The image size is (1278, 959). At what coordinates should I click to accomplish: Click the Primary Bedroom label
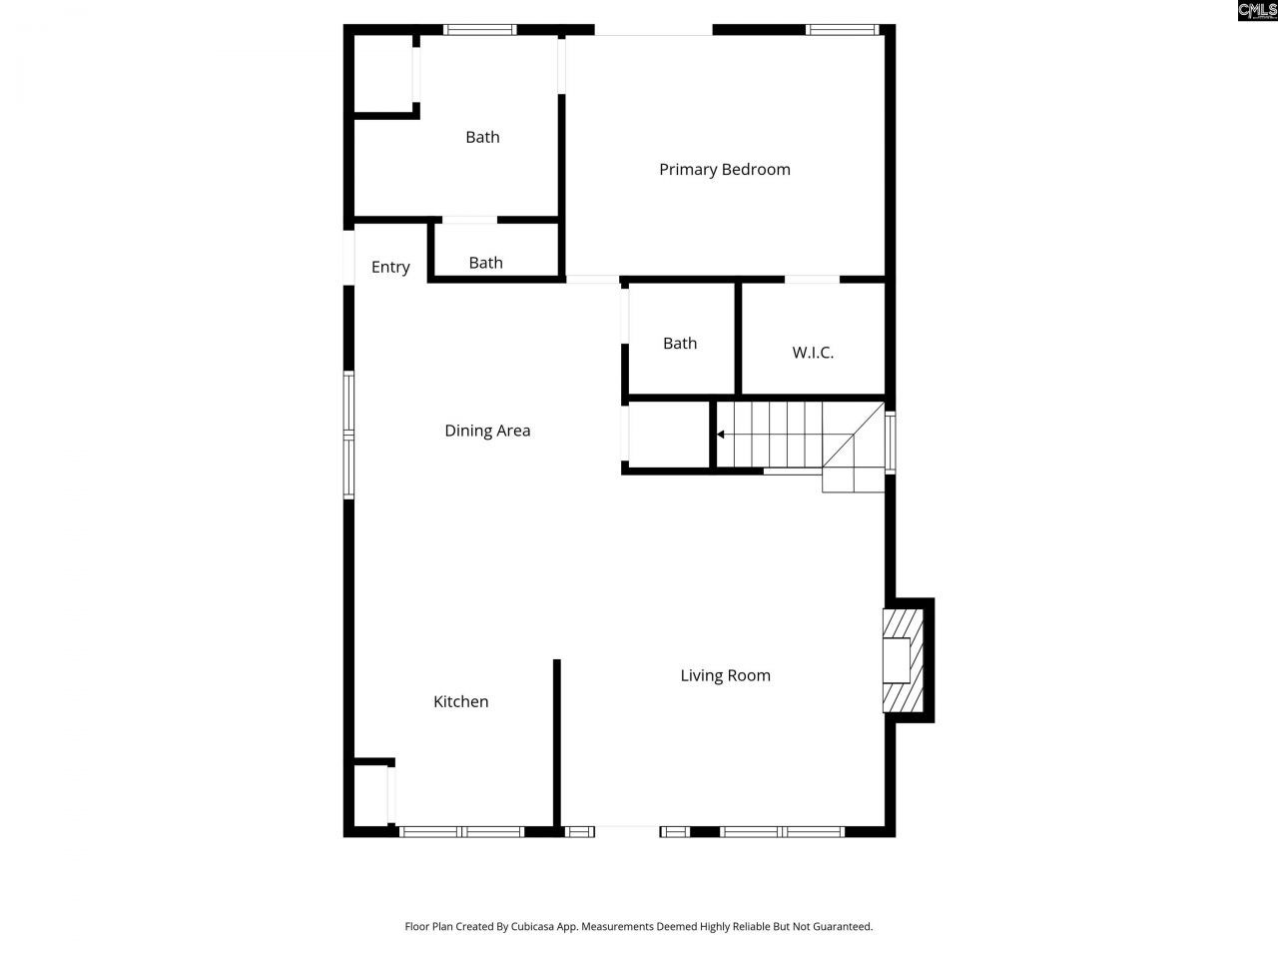point(724,170)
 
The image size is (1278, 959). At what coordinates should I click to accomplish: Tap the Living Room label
point(725,675)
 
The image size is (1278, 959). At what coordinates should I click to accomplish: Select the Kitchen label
point(460,701)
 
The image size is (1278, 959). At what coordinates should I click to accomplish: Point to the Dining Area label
point(487,431)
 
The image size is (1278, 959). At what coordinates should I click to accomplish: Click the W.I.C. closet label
point(813,353)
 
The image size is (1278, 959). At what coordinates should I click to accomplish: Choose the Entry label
point(390,267)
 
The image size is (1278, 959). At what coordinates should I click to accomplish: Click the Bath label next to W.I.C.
point(680,343)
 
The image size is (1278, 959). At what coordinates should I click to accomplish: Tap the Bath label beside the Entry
point(485,263)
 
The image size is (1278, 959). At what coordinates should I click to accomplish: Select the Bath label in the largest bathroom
point(482,137)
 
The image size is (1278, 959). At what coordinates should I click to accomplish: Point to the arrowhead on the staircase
point(721,435)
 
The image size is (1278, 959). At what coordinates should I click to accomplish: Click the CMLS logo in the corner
point(1257,11)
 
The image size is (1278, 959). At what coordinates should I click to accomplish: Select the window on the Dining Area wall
point(348,435)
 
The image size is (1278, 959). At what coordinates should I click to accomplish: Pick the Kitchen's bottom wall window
point(461,831)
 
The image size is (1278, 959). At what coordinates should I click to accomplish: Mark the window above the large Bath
point(480,30)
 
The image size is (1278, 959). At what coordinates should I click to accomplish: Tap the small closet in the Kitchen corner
point(371,794)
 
